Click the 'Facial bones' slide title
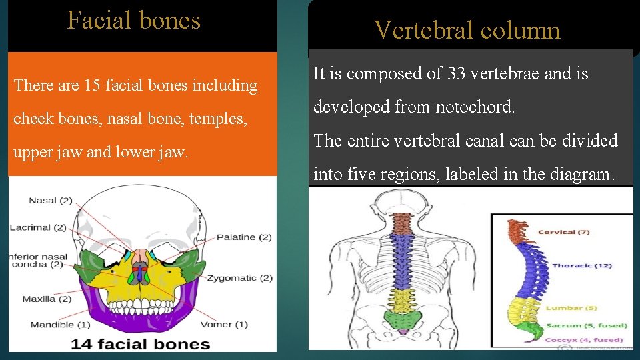133,21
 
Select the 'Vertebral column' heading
467,30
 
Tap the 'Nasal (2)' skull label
51,201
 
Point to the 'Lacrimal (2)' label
38,227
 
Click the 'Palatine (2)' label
243,237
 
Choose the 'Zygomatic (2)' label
239,277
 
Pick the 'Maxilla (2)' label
47,299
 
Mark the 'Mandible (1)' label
60,325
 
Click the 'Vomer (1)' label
224,325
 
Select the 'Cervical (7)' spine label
564,232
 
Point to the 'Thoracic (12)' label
582,265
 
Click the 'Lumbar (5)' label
572,308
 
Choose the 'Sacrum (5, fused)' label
587,325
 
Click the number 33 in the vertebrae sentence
457,74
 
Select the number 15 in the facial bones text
95,85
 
